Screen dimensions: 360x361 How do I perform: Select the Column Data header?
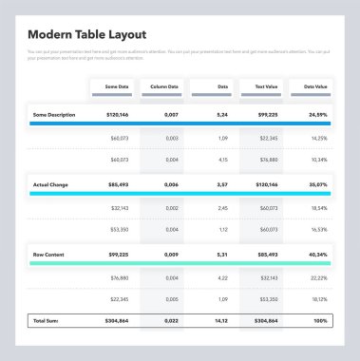164,85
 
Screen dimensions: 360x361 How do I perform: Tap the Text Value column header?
264,85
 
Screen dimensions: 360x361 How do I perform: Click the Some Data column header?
116,85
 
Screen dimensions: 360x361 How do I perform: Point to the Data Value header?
314,85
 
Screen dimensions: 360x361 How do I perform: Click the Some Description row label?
54,114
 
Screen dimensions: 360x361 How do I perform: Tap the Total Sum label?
46,320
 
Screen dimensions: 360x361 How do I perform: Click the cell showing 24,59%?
317,114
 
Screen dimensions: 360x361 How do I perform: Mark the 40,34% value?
317,255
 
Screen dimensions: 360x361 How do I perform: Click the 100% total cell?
320,320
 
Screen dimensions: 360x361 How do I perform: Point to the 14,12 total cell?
219,320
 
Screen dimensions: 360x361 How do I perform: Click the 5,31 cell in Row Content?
221,255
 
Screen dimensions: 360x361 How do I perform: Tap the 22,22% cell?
318,277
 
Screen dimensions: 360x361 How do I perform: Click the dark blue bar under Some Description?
180,123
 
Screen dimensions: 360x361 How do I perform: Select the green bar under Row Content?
180,264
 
